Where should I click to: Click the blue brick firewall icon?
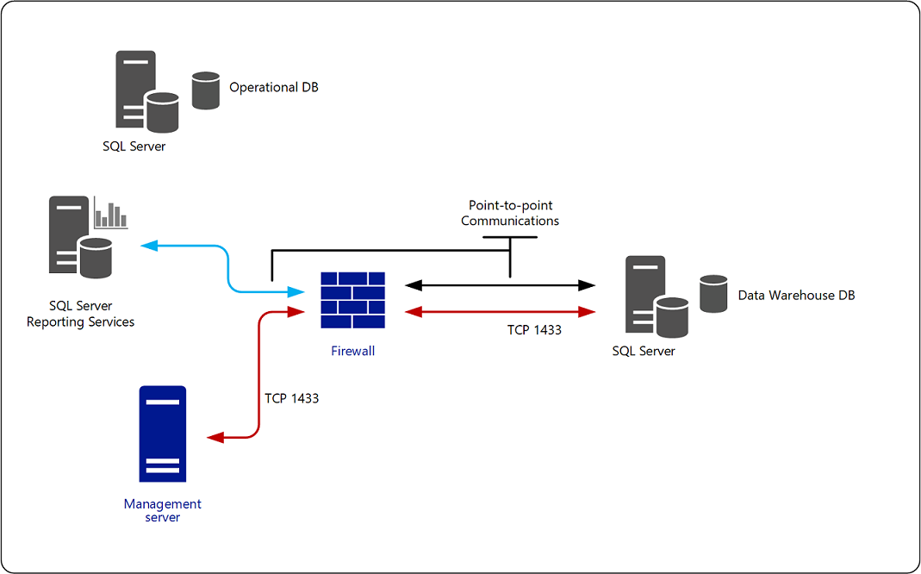tap(352, 300)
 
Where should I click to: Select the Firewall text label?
tap(352, 351)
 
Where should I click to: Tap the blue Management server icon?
tap(163, 434)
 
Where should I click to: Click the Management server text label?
tap(163, 510)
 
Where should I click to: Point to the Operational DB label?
tap(273, 87)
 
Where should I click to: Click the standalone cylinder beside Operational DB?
tap(206, 90)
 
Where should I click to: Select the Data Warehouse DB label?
tap(796, 296)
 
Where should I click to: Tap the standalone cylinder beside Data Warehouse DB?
tap(713, 293)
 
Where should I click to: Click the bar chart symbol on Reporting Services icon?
tap(110, 215)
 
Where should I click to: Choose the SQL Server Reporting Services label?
tap(81, 314)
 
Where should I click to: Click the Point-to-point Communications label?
tap(510, 213)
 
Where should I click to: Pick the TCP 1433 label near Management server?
tap(291, 398)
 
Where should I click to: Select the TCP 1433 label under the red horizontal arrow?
tap(534, 329)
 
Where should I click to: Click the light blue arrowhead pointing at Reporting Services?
tap(147, 246)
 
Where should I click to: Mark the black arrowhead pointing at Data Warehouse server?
tap(588, 284)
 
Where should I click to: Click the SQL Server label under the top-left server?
tap(134, 146)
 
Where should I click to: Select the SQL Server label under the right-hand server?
tap(644, 351)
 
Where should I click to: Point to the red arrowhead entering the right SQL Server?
tap(588, 311)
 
